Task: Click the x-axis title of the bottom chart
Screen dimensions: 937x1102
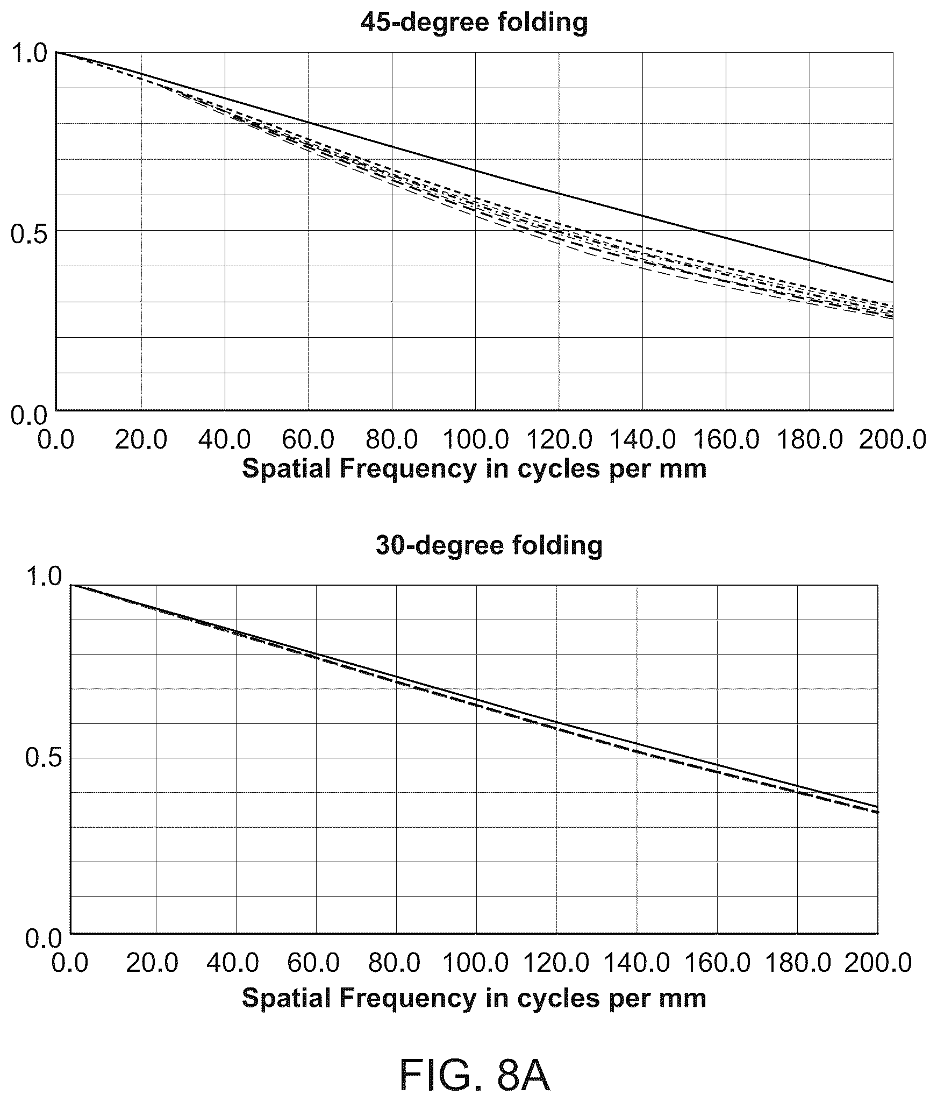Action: (x=474, y=983)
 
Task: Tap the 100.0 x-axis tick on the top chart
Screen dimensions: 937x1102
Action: (x=476, y=440)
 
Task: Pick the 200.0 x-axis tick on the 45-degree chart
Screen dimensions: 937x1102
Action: (x=893, y=440)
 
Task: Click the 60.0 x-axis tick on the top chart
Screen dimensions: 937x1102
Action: (x=308, y=440)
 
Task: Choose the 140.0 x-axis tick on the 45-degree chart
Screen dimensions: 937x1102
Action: (x=643, y=440)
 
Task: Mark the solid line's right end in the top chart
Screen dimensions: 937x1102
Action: (x=893, y=282)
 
